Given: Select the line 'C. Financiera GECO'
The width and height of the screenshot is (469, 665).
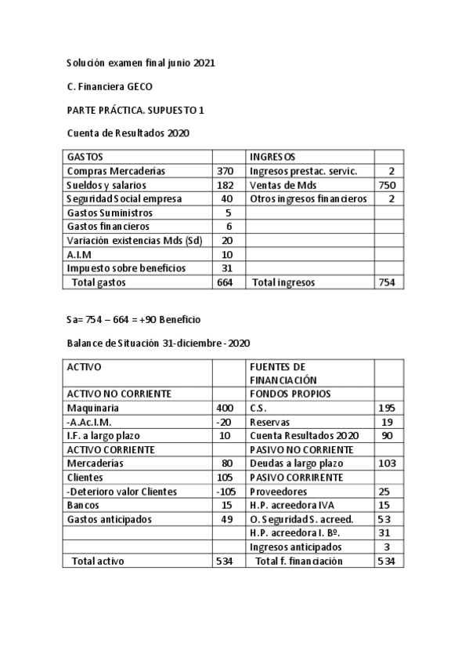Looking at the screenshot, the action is coord(110,86).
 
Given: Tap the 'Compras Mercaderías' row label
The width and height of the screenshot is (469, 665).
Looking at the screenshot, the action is coord(117,171).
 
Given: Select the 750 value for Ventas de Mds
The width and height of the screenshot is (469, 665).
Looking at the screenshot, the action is coord(387,185).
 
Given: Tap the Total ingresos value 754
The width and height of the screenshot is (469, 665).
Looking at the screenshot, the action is coord(387,282).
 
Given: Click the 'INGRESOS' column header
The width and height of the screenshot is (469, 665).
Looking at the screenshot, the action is coord(272,157).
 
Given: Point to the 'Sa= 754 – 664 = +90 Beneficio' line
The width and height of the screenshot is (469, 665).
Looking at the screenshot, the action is coord(135,320).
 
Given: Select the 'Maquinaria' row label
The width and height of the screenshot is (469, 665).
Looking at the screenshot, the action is coord(93,408).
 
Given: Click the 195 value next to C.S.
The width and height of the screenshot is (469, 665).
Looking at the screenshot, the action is coord(387,408).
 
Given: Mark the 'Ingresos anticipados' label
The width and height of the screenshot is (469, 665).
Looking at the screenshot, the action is coord(295,547).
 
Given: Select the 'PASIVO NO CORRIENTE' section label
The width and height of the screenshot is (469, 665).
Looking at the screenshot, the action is coord(301,449).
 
